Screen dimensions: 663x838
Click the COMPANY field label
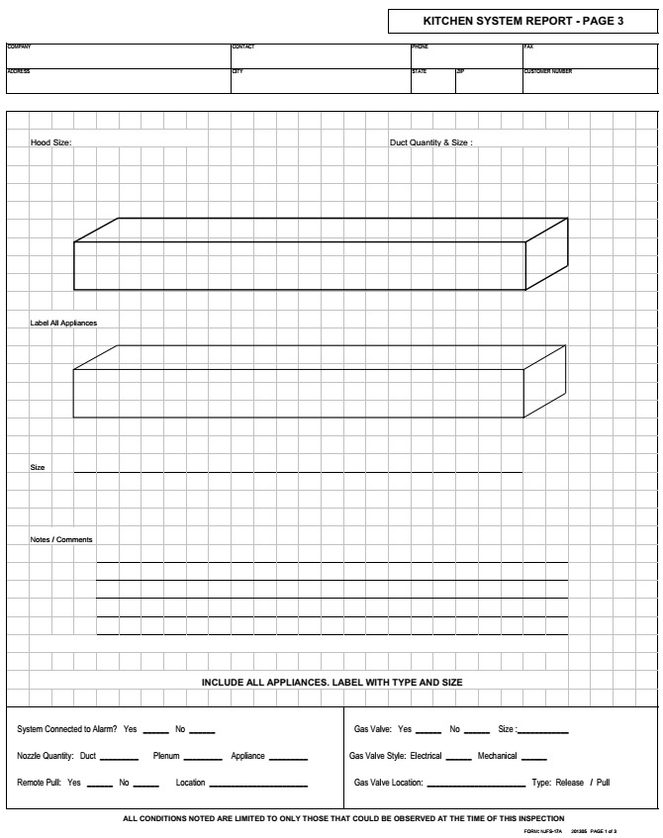(19, 47)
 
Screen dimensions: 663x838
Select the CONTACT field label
(242, 47)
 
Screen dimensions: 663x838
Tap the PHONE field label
(420, 47)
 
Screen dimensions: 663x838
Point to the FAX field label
(527, 47)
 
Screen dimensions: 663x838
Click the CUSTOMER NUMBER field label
(547, 71)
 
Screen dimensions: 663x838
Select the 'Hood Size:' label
(50, 142)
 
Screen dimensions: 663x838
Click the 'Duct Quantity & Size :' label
(430, 142)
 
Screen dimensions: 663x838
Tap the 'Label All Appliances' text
(63, 324)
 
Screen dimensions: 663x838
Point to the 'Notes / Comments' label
(61, 539)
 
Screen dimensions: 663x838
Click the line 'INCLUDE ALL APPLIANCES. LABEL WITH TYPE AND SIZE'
(331, 682)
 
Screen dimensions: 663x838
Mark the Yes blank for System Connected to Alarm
(155, 730)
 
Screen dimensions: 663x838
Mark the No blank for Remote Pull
(145, 784)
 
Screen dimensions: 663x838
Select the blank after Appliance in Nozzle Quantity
(288, 757)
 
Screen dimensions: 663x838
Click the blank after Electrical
(458, 757)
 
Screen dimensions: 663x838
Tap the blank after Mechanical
(534, 757)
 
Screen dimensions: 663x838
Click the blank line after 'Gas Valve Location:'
(475, 784)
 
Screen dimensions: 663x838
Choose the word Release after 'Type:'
(570, 783)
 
